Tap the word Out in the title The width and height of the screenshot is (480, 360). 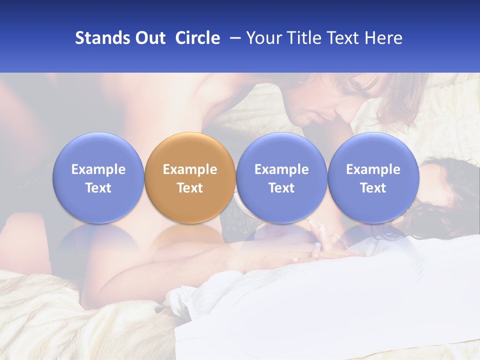tap(149, 38)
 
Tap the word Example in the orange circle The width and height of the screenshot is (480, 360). tap(190, 169)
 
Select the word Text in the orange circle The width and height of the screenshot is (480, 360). tap(190, 188)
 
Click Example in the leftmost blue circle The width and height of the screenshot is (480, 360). tap(98, 169)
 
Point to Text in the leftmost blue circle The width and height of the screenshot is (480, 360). tap(98, 188)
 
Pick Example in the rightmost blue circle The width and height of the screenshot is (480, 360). tap(373, 169)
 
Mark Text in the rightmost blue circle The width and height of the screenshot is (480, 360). tap(373, 188)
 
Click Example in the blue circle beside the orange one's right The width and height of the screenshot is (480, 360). tap(281, 169)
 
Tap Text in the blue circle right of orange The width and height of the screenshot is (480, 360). tap(281, 188)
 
